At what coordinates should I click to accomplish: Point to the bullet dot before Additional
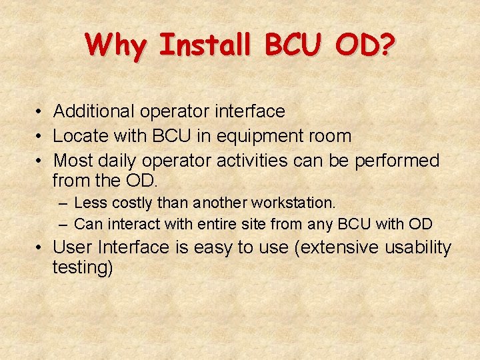pyautogui.click(x=40, y=112)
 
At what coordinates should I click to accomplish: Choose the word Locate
pyautogui.click(x=76, y=136)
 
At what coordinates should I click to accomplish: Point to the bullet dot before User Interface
pyautogui.click(x=40, y=248)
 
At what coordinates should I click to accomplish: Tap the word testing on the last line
pyautogui.click(x=81, y=268)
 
